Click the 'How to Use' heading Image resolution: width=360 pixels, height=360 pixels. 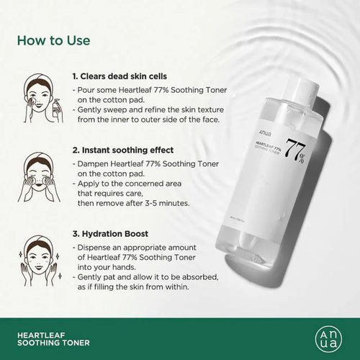point(54,40)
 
